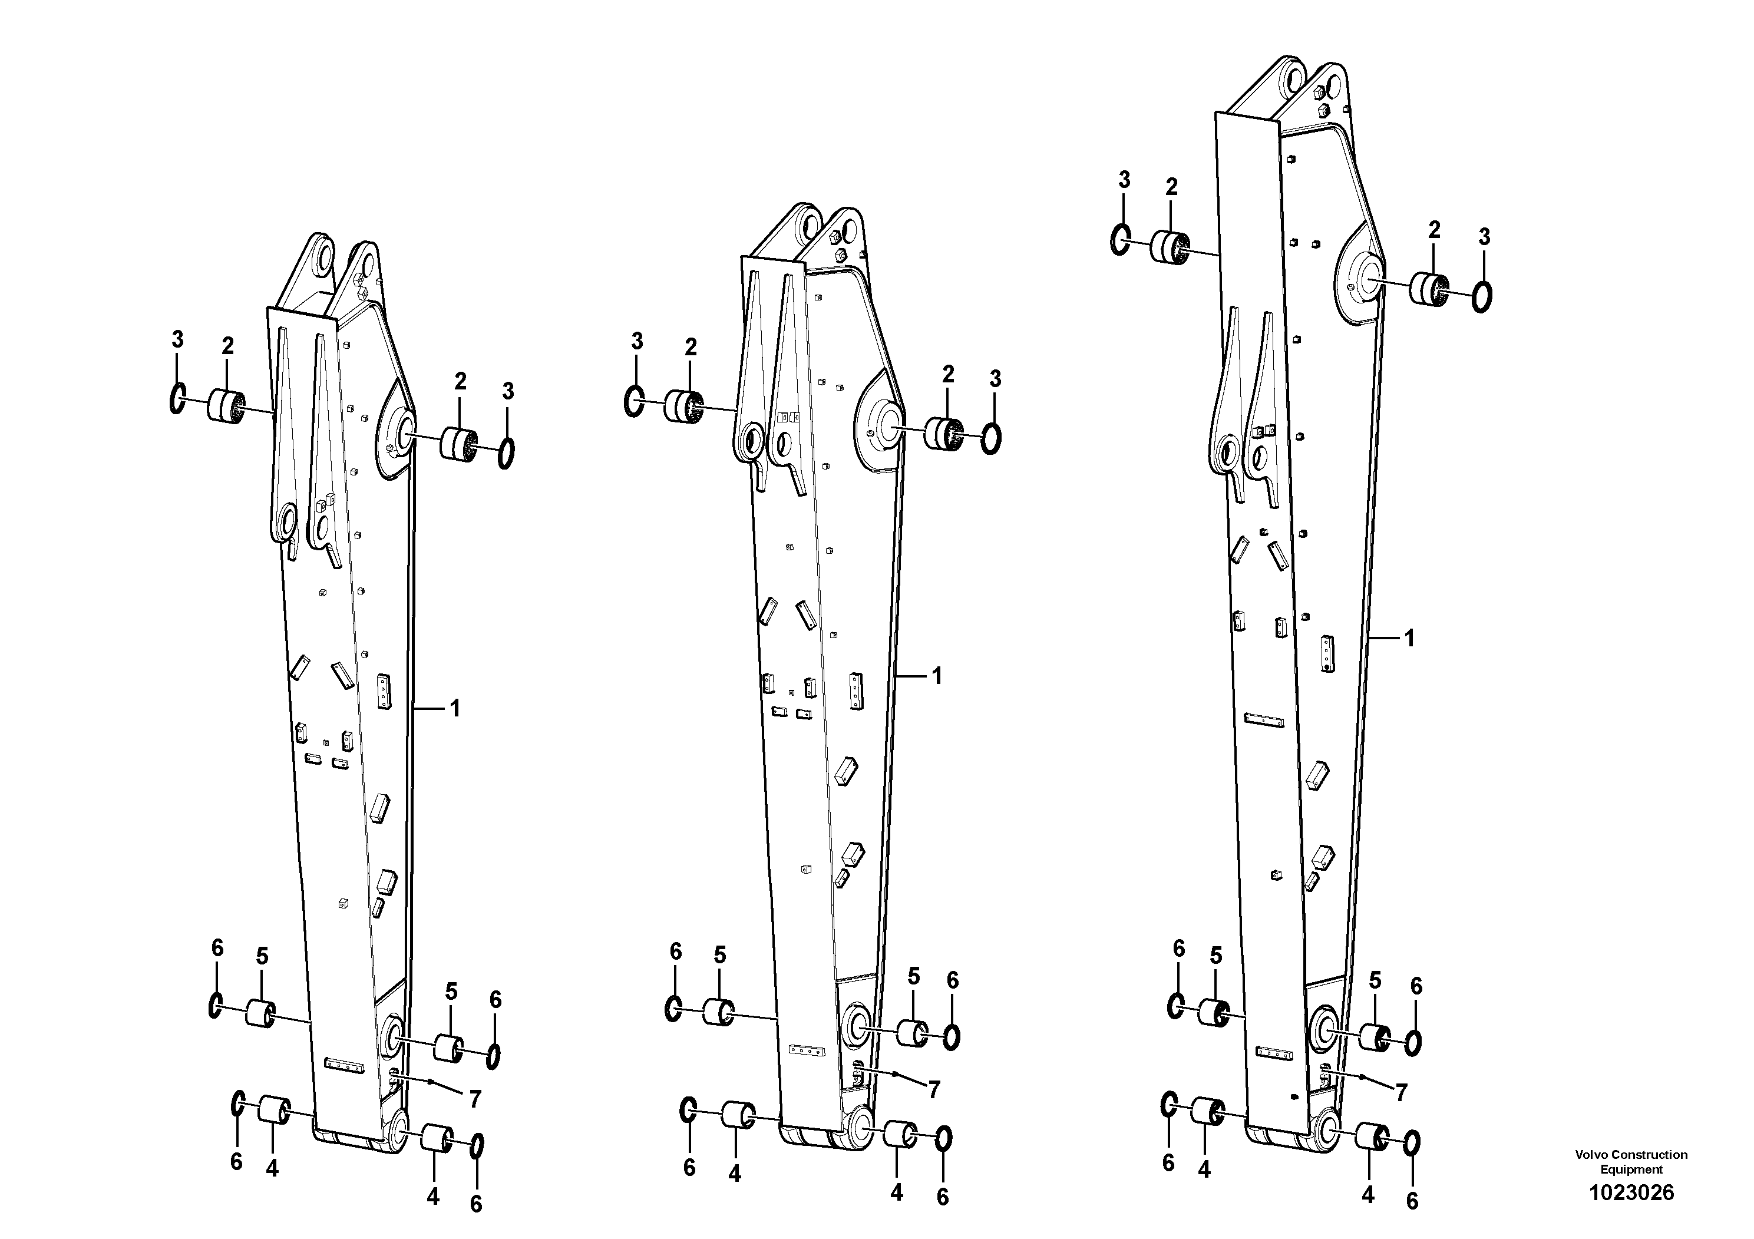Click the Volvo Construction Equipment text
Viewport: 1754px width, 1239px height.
tap(1631, 1161)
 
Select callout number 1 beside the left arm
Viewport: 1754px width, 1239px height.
tap(455, 709)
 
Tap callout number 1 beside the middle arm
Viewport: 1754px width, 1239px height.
tap(937, 676)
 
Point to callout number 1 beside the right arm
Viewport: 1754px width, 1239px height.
tap(1409, 638)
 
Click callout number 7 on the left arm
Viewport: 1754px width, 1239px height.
tap(474, 1099)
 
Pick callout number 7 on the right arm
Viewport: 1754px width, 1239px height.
tap(1400, 1093)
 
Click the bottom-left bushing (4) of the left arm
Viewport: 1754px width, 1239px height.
tap(273, 1110)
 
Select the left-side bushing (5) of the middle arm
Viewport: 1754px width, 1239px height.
tap(718, 1012)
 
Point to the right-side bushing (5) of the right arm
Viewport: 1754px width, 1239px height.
tap(1375, 1036)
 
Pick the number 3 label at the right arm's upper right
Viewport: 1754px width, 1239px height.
tap(1484, 237)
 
